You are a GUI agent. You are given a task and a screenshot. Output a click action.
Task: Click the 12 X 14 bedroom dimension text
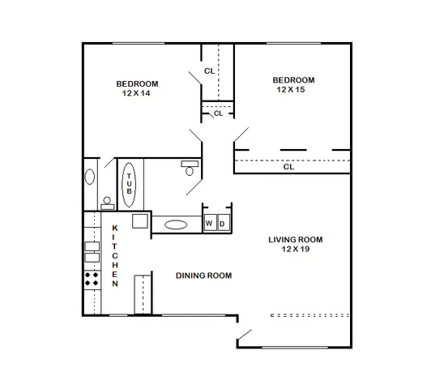point(136,93)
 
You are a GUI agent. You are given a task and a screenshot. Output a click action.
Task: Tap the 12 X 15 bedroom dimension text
point(291,90)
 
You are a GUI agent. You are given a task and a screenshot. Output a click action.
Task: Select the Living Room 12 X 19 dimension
point(296,249)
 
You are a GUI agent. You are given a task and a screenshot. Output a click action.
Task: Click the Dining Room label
point(203,276)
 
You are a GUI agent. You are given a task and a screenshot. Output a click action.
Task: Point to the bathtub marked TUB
point(129,185)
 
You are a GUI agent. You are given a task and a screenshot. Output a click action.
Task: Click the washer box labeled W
point(211,223)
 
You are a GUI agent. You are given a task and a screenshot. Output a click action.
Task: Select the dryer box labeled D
point(224,223)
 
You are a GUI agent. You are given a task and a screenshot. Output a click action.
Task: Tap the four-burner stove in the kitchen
point(92,279)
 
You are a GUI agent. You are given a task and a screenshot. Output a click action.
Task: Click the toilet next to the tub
point(190,168)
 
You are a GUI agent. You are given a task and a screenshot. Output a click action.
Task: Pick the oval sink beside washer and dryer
point(176,224)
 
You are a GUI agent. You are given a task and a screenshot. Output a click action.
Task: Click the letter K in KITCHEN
point(115,228)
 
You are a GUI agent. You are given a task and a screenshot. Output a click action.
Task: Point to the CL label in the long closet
point(288,167)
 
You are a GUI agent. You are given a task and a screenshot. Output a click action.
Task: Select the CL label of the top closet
point(210,71)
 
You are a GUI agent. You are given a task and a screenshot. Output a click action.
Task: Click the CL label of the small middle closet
point(218,113)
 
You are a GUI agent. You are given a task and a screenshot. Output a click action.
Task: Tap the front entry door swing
point(245,335)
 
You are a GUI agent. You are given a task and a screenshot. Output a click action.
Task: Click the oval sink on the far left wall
point(89,177)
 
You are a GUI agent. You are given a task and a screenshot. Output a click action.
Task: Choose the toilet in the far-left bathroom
point(107,203)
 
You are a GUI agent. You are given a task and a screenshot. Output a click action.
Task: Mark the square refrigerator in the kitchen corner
point(140,221)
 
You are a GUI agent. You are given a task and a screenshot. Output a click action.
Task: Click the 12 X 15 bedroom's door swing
point(241,135)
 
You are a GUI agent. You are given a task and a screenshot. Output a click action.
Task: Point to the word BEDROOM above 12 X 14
point(137,83)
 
